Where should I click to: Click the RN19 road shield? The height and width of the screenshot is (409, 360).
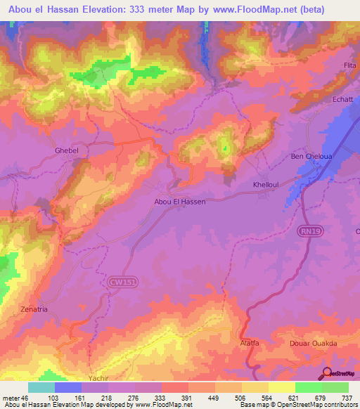313,239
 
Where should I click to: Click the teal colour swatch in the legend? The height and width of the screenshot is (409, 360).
41,387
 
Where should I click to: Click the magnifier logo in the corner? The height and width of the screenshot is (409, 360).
328,373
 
